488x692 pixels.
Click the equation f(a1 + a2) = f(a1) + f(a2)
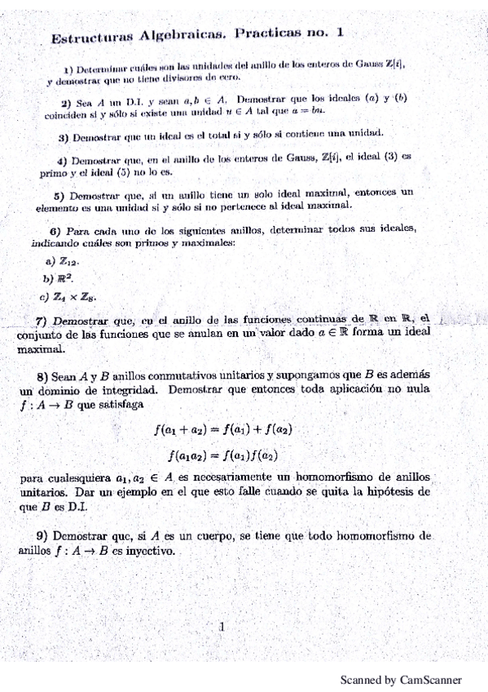coord(224,428)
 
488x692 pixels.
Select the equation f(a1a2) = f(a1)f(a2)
coord(224,454)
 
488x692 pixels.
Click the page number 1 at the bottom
coord(221,627)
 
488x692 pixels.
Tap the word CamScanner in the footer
coord(431,680)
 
